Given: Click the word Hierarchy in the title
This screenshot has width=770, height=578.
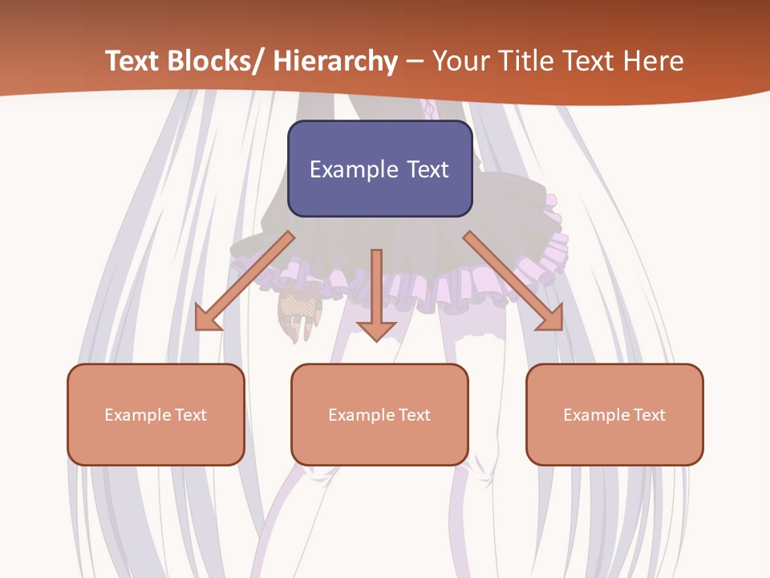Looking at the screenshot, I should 335,61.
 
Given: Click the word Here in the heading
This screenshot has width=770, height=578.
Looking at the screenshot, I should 654,61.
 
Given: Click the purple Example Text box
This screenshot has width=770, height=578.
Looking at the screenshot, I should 379,169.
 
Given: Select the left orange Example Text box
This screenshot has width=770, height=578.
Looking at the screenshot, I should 156,414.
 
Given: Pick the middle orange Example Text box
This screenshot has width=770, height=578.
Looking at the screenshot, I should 379,414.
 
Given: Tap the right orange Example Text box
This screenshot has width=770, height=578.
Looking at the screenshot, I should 614,414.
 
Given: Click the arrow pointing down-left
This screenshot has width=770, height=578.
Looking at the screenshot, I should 245,281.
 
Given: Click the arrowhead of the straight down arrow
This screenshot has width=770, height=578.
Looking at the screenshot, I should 376,331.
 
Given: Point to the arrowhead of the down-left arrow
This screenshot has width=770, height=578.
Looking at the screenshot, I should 206,319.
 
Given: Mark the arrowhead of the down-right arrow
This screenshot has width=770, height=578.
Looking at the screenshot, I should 552,319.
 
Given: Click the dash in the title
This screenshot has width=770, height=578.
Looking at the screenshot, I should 415,61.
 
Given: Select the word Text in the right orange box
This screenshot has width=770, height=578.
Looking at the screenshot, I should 649,415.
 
